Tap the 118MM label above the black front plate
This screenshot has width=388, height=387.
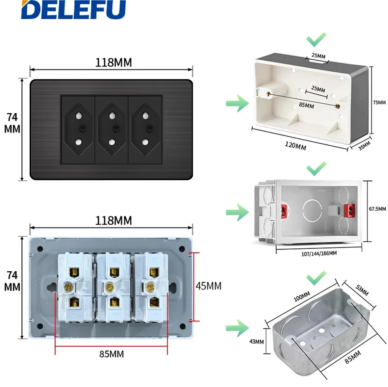[114, 63]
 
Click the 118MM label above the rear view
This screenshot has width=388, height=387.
[114, 221]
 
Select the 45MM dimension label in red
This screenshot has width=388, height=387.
[208, 286]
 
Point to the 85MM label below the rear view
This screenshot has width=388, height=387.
[111, 354]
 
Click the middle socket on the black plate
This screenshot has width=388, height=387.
[112, 129]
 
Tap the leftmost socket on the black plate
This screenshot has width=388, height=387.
[78, 129]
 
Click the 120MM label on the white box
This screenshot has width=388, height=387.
[295, 145]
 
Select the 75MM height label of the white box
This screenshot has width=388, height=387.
[379, 102]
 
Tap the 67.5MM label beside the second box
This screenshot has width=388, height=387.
[377, 209]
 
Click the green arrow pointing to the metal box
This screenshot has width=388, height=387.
[237, 328]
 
